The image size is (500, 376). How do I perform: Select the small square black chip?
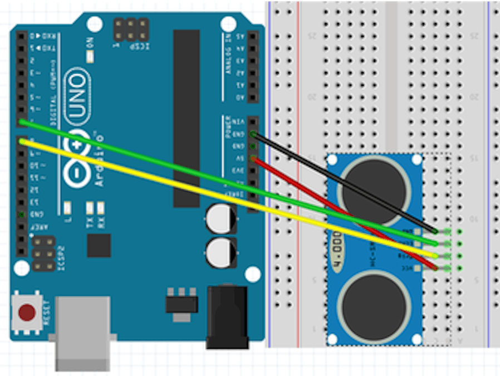99,246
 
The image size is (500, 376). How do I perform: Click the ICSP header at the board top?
131,30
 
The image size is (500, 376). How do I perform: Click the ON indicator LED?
90,56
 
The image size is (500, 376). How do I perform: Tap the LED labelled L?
67,208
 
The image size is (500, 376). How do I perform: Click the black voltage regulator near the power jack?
182,304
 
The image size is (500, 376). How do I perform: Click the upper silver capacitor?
220,218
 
